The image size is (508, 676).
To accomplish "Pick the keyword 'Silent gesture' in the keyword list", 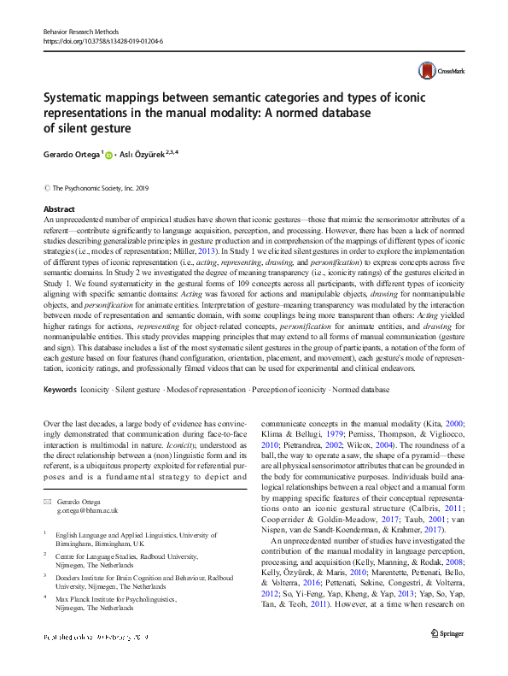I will coord(138,390).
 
